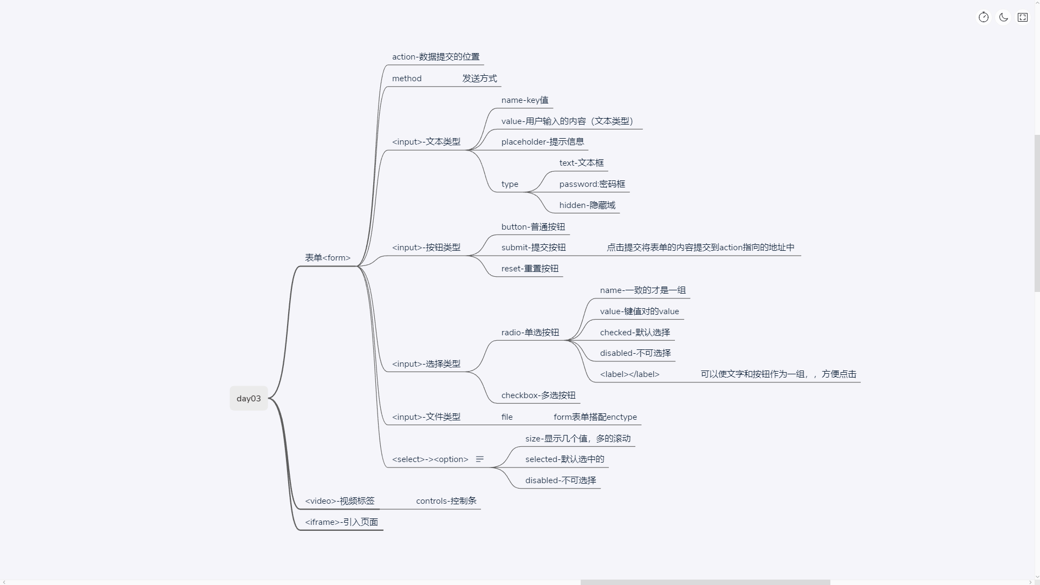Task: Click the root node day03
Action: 249,399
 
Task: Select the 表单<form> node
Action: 328,258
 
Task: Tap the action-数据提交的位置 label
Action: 435,57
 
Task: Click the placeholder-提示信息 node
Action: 542,142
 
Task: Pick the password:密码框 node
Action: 592,184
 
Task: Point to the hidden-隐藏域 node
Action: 587,205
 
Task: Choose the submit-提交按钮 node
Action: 533,248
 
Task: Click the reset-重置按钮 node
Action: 530,269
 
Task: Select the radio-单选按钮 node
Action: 530,333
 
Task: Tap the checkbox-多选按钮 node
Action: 538,395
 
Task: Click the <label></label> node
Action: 629,374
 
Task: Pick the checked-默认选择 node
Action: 635,333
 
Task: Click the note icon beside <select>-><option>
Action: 479,459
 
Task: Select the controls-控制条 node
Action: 446,501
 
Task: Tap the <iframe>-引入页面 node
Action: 341,522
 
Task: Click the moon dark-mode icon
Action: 1003,17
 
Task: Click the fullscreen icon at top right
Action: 1023,17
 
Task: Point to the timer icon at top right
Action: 984,17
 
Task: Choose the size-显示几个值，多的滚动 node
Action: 577,439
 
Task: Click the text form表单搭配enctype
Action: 595,417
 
